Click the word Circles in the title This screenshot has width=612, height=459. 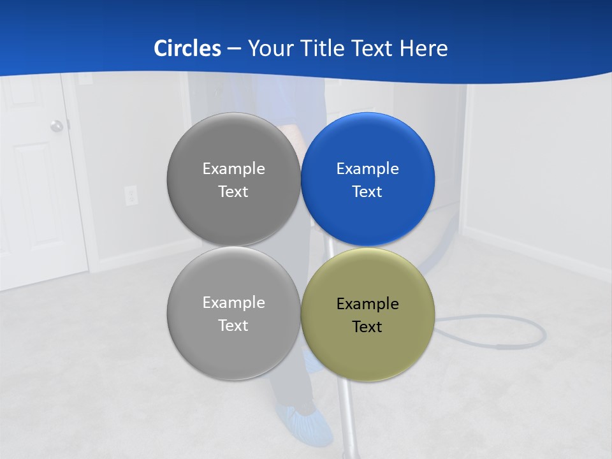187,48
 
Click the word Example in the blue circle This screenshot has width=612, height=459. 368,169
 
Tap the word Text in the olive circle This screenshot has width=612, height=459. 367,327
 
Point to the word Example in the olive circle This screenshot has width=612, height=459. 368,304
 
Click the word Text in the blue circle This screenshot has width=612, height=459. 367,192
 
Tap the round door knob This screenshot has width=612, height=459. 57,126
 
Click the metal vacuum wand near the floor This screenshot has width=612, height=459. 348,421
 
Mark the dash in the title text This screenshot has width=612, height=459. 234,49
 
